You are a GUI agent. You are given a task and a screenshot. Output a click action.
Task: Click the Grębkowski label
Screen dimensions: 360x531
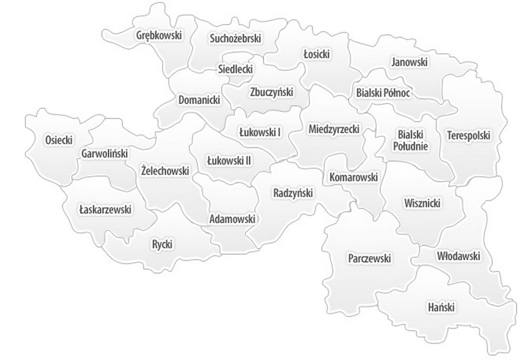click(159, 35)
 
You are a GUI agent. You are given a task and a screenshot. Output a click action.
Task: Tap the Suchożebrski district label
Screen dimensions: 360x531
click(235, 38)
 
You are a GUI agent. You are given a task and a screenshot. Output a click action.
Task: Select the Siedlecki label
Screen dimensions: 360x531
click(236, 69)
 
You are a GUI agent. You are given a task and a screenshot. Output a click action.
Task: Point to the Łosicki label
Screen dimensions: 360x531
click(316, 54)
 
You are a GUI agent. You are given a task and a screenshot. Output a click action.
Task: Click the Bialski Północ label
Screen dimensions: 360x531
click(383, 93)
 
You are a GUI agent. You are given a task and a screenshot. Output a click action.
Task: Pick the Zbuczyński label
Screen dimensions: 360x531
click(271, 92)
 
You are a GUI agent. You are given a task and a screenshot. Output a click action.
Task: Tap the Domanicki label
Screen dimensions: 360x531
click(199, 100)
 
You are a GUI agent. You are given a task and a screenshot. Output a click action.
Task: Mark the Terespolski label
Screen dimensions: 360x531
click(469, 136)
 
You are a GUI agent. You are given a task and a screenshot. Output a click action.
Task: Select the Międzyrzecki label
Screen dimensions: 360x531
click(334, 129)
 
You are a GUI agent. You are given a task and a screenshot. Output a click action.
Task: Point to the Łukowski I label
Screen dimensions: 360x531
click(260, 132)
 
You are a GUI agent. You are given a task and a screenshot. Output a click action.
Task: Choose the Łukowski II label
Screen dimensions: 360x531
click(229, 161)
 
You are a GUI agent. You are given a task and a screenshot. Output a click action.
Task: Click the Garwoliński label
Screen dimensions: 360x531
click(104, 153)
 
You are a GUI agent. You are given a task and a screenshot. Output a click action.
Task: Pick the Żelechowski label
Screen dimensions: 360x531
click(165, 171)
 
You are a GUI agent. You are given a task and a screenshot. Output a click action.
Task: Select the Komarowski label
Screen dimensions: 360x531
click(354, 177)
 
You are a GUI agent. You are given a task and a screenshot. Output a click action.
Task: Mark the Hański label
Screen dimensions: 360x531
click(441, 307)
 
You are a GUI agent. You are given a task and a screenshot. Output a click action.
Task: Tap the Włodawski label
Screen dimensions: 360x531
click(458, 256)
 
